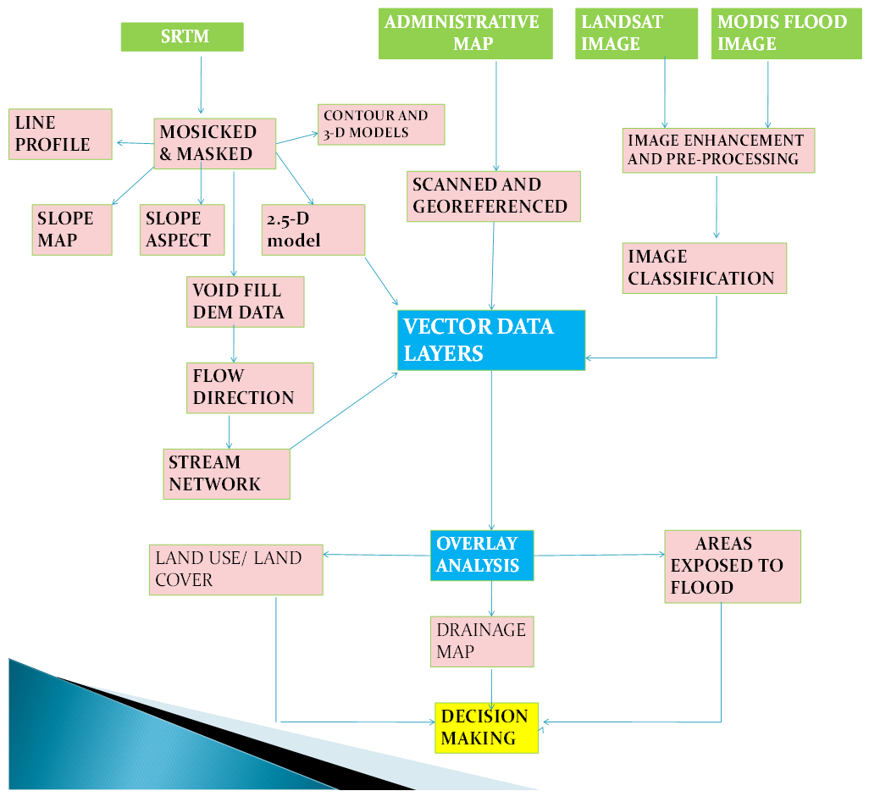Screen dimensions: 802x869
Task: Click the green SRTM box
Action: tap(182, 36)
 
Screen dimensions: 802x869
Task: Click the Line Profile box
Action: tap(60, 134)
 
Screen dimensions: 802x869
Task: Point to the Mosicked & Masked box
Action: tap(215, 143)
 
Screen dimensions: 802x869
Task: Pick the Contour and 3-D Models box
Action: tap(381, 124)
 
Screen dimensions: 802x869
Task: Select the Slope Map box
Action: tap(72, 230)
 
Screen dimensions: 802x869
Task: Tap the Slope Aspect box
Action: tap(185, 230)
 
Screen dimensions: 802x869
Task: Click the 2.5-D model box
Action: tap(313, 230)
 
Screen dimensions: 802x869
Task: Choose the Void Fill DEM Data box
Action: tap(246, 301)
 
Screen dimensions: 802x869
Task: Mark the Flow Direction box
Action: tap(250, 388)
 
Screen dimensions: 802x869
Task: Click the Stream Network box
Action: tap(226, 473)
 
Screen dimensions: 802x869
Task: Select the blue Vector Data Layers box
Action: tap(491, 340)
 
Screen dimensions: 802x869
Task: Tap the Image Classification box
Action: tap(705, 268)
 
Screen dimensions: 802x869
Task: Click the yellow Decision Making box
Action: tap(487, 727)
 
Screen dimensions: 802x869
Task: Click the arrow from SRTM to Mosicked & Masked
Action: tap(202, 85)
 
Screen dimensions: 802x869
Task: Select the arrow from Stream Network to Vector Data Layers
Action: tap(343, 411)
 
